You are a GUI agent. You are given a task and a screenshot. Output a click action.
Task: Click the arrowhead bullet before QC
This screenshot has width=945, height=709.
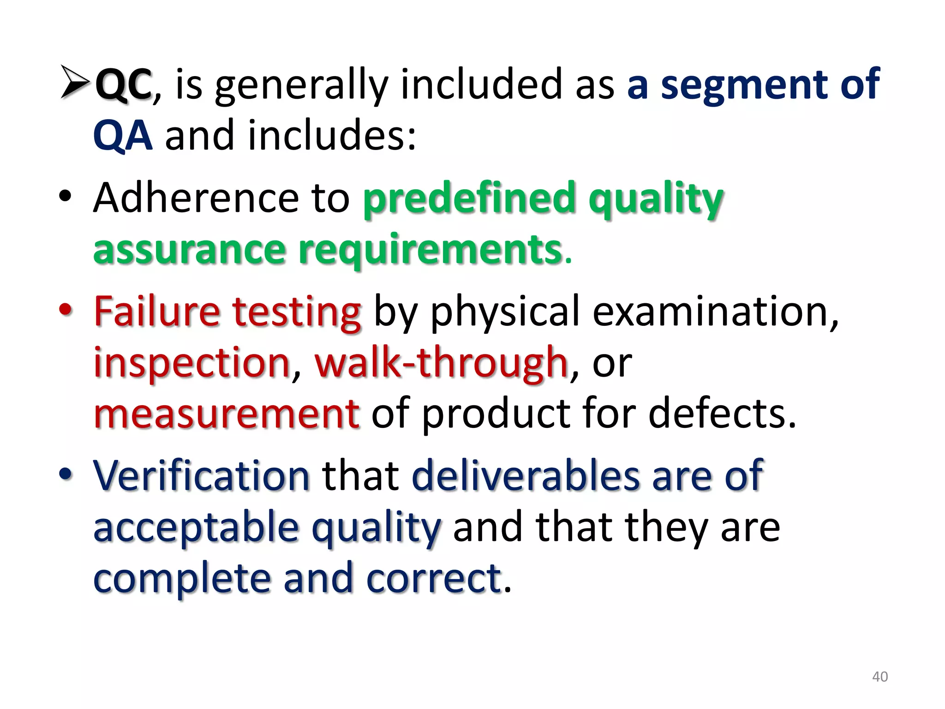[x=75, y=83]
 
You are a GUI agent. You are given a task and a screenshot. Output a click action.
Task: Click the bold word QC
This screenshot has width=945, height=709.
[x=123, y=84]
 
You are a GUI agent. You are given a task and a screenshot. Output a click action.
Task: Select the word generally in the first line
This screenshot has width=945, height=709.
[x=301, y=85]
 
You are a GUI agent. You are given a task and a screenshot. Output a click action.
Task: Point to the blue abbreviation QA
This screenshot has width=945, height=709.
[x=123, y=136]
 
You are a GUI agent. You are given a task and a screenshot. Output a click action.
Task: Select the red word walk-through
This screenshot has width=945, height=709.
[x=441, y=362]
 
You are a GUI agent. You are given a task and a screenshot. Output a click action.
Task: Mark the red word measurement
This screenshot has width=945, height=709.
[x=226, y=413]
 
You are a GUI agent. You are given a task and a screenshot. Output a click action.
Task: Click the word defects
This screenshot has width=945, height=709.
[x=722, y=413]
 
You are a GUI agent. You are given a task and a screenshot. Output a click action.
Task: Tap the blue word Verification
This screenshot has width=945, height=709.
[x=201, y=476]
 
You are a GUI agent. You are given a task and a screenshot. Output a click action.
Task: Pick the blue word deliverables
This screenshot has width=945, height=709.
[x=526, y=476]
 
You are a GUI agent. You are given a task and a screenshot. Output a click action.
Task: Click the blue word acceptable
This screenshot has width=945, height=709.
[x=196, y=527]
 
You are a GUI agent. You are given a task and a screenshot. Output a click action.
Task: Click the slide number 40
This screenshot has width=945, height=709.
[x=880, y=677]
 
